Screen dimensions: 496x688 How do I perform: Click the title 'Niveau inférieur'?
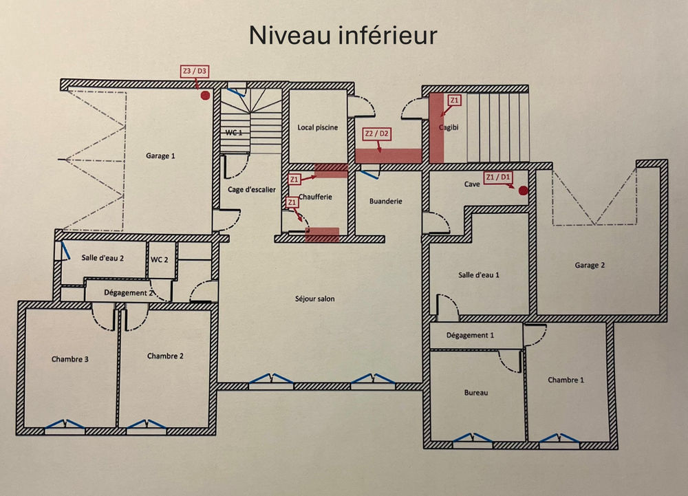click(x=343, y=35)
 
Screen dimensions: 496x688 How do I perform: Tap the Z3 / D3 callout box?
click(x=195, y=71)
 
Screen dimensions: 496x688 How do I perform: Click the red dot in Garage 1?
click(x=204, y=96)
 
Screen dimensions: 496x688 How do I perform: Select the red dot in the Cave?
click(x=523, y=190)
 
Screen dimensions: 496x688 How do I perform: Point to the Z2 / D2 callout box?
click(x=377, y=133)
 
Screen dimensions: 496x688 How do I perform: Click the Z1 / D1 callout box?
click(x=498, y=177)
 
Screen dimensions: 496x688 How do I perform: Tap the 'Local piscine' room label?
click(x=317, y=127)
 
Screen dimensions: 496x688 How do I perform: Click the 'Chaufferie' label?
click(x=315, y=197)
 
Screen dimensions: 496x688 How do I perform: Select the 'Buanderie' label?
click(x=385, y=202)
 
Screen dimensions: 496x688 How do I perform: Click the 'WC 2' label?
click(x=160, y=259)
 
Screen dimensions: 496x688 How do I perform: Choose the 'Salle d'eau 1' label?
click(x=478, y=274)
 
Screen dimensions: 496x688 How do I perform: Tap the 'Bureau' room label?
click(x=475, y=393)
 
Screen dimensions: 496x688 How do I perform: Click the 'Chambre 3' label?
click(x=69, y=359)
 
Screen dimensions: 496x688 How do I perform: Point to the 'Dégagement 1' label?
click(x=471, y=336)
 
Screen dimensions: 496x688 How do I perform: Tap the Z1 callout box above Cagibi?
click(x=453, y=100)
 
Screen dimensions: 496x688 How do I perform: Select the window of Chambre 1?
click(x=559, y=437)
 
